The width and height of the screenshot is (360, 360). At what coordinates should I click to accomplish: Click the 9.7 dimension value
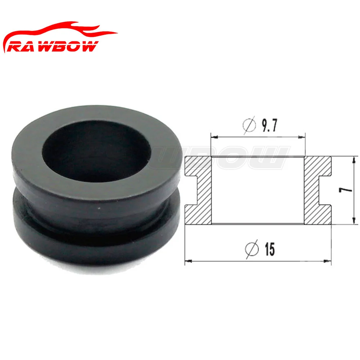[x=270, y=125]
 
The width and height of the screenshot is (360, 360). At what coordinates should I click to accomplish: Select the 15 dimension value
[x=270, y=249]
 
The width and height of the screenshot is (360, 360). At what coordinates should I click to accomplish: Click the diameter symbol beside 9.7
[x=249, y=125]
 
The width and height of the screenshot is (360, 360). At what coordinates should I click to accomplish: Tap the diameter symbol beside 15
[x=252, y=249]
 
